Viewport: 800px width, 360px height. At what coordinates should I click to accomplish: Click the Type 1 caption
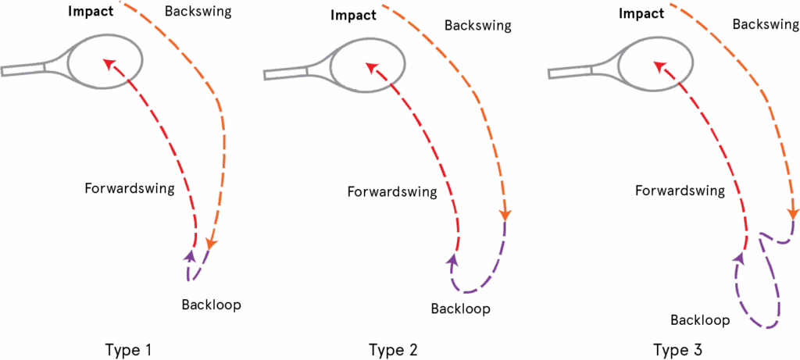click(x=127, y=349)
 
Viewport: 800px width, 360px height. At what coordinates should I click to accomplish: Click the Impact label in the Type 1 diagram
click(x=91, y=12)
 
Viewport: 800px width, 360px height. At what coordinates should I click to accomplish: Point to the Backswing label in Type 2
click(x=477, y=26)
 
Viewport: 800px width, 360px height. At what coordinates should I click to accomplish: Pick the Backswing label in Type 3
click(x=765, y=24)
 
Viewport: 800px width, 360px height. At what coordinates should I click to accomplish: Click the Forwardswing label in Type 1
click(x=130, y=187)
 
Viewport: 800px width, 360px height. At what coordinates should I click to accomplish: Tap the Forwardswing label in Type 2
click(x=391, y=192)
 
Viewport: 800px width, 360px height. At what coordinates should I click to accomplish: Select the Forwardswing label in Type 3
click(x=680, y=191)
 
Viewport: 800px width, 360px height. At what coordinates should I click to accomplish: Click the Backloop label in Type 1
click(x=211, y=305)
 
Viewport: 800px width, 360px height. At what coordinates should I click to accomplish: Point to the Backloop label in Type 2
click(x=460, y=308)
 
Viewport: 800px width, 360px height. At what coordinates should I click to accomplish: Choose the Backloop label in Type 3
click(x=700, y=320)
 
